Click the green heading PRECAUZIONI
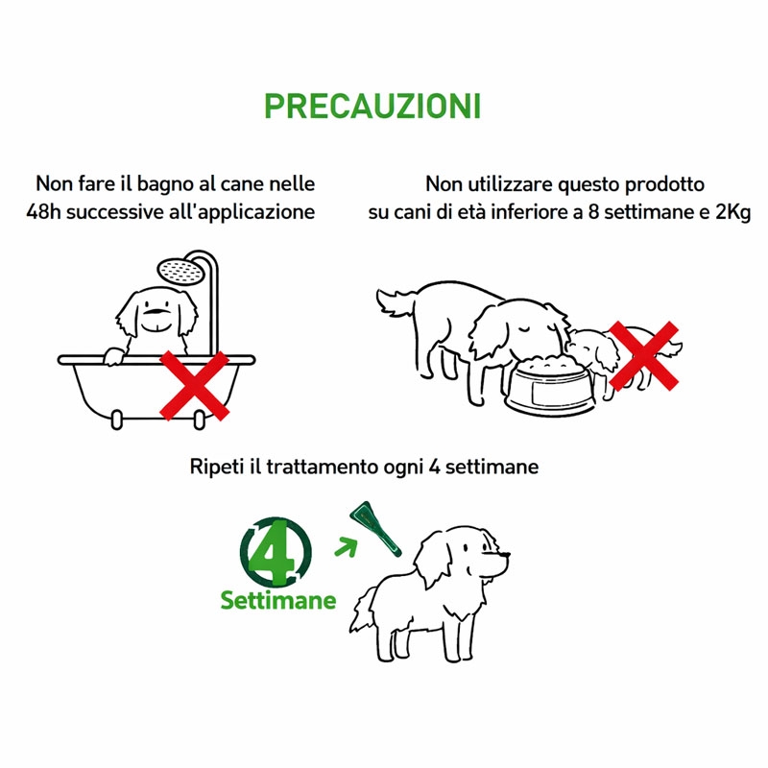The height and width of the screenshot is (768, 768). (x=372, y=106)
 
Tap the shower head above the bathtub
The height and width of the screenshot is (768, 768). (x=180, y=272)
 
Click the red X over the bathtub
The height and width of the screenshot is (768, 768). (x=195, y=386)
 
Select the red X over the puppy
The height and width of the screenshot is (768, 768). (x=643, y=355)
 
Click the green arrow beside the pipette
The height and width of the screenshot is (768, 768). (x=346, y=546)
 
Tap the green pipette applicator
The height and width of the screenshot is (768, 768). (x=375, y=530)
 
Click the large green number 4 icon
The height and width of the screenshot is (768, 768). (x=276, y=551)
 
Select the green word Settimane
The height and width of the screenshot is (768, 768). (x=278, y=600)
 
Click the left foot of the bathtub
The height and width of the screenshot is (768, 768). (x=116, y=420)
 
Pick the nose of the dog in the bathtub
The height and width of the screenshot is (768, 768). (x=156, y=310)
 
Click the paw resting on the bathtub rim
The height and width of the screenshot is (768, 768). (x=113, y=356)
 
